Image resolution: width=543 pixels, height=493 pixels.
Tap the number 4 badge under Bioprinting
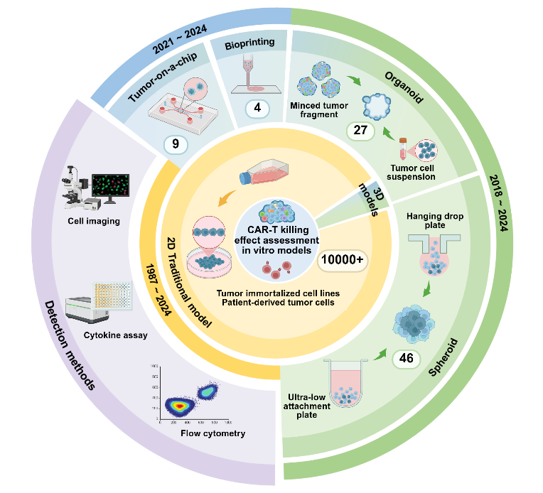pos(257,109)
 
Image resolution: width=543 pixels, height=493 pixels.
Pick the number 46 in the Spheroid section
pos(406,358)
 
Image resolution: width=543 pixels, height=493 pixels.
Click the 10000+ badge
pos(343,261)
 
